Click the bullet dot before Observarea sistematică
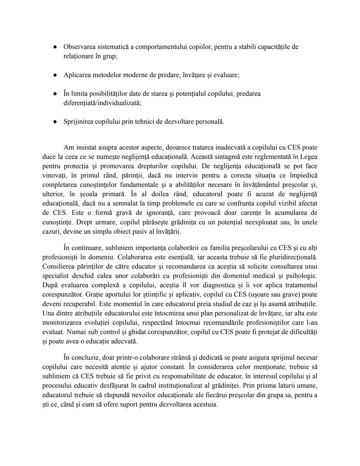(x=54, y=47)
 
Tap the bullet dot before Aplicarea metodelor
(x=54, y=75)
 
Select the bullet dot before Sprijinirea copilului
(x=54, y=122)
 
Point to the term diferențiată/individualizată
(x=102, y=103)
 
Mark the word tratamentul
(x=299, y=285)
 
